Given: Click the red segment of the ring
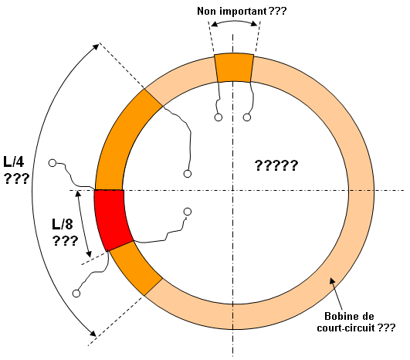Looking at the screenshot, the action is pos(113,219).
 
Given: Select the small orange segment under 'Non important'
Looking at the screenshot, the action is pos(234,68).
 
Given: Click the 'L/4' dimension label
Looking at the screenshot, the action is pos(14,161).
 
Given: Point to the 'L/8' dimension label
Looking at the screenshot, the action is pos(63,224).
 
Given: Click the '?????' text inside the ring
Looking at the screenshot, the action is pos(276,165).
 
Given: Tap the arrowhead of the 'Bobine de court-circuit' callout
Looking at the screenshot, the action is pos(332,280).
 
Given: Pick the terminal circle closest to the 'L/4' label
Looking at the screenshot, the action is pos(53,163).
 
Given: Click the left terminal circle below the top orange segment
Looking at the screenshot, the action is pos(219,117).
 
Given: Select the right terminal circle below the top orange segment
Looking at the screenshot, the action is pos(247,117).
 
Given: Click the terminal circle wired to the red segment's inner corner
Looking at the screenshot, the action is pos(188,212).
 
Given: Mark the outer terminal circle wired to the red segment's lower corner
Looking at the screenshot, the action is pos(76,294).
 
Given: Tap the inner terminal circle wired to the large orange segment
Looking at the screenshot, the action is pos(188,174).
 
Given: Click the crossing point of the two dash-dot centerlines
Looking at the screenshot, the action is pos(232,190).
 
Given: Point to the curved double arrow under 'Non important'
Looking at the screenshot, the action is pos(234,21).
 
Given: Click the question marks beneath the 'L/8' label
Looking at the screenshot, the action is pos(66,241).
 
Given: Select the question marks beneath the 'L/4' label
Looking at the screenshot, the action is pos(16,178).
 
